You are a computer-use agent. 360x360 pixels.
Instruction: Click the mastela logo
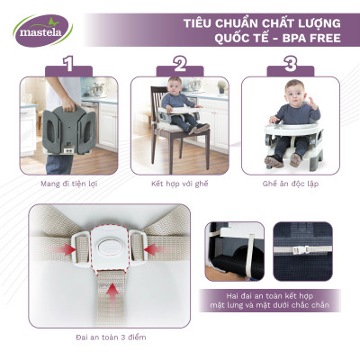click(x=41, y=29)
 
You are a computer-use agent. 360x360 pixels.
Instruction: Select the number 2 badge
click(x=180, y=66)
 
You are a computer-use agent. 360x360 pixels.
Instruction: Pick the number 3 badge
click(x=290, y=66)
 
